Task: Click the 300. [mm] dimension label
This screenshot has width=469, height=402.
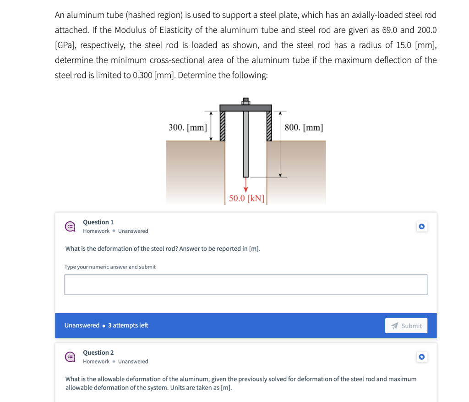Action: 187,127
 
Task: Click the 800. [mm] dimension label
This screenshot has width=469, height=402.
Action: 303,127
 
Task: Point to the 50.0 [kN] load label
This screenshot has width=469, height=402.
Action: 246,198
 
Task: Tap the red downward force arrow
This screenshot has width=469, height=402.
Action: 246,185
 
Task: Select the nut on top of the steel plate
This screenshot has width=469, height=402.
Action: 246,101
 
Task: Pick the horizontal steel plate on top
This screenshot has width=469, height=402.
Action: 246,108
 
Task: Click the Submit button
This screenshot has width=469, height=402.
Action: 406,326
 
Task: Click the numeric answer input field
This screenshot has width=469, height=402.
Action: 245,285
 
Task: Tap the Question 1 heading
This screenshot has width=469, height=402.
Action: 98,222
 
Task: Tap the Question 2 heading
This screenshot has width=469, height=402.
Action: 98,352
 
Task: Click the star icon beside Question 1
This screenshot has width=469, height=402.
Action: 422,226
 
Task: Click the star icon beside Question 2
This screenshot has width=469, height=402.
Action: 422,357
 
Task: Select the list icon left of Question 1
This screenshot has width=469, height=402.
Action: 70,226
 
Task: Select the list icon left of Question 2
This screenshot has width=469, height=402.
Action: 70,357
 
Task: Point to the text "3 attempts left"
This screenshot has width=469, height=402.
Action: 128,325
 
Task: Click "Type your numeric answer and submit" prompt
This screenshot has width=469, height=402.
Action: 110,267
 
